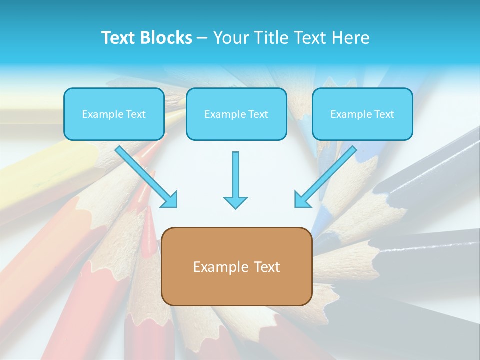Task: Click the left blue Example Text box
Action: coord(114,114)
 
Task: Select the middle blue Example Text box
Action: coord(236,114)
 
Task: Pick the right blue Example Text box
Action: coord(362,114)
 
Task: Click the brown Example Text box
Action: coord(236,266)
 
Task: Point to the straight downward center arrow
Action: coord(235,175)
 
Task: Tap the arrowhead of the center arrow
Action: coord(235,202)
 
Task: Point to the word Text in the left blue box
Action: coord(136,114)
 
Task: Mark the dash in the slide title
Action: coord(202,38)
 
